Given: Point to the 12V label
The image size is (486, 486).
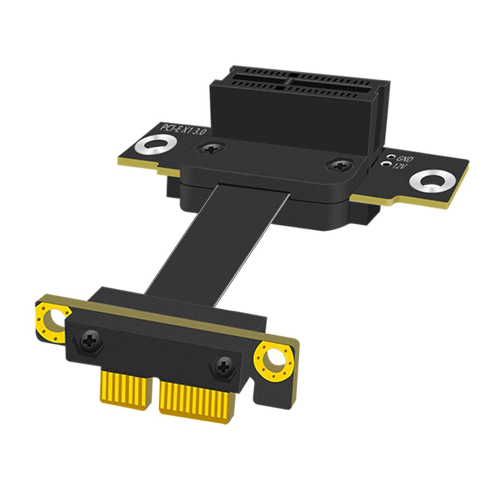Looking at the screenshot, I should pyautogui.click(x=398, y=166).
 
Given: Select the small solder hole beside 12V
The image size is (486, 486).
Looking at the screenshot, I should pyautogui.click(x=387, y=165).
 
